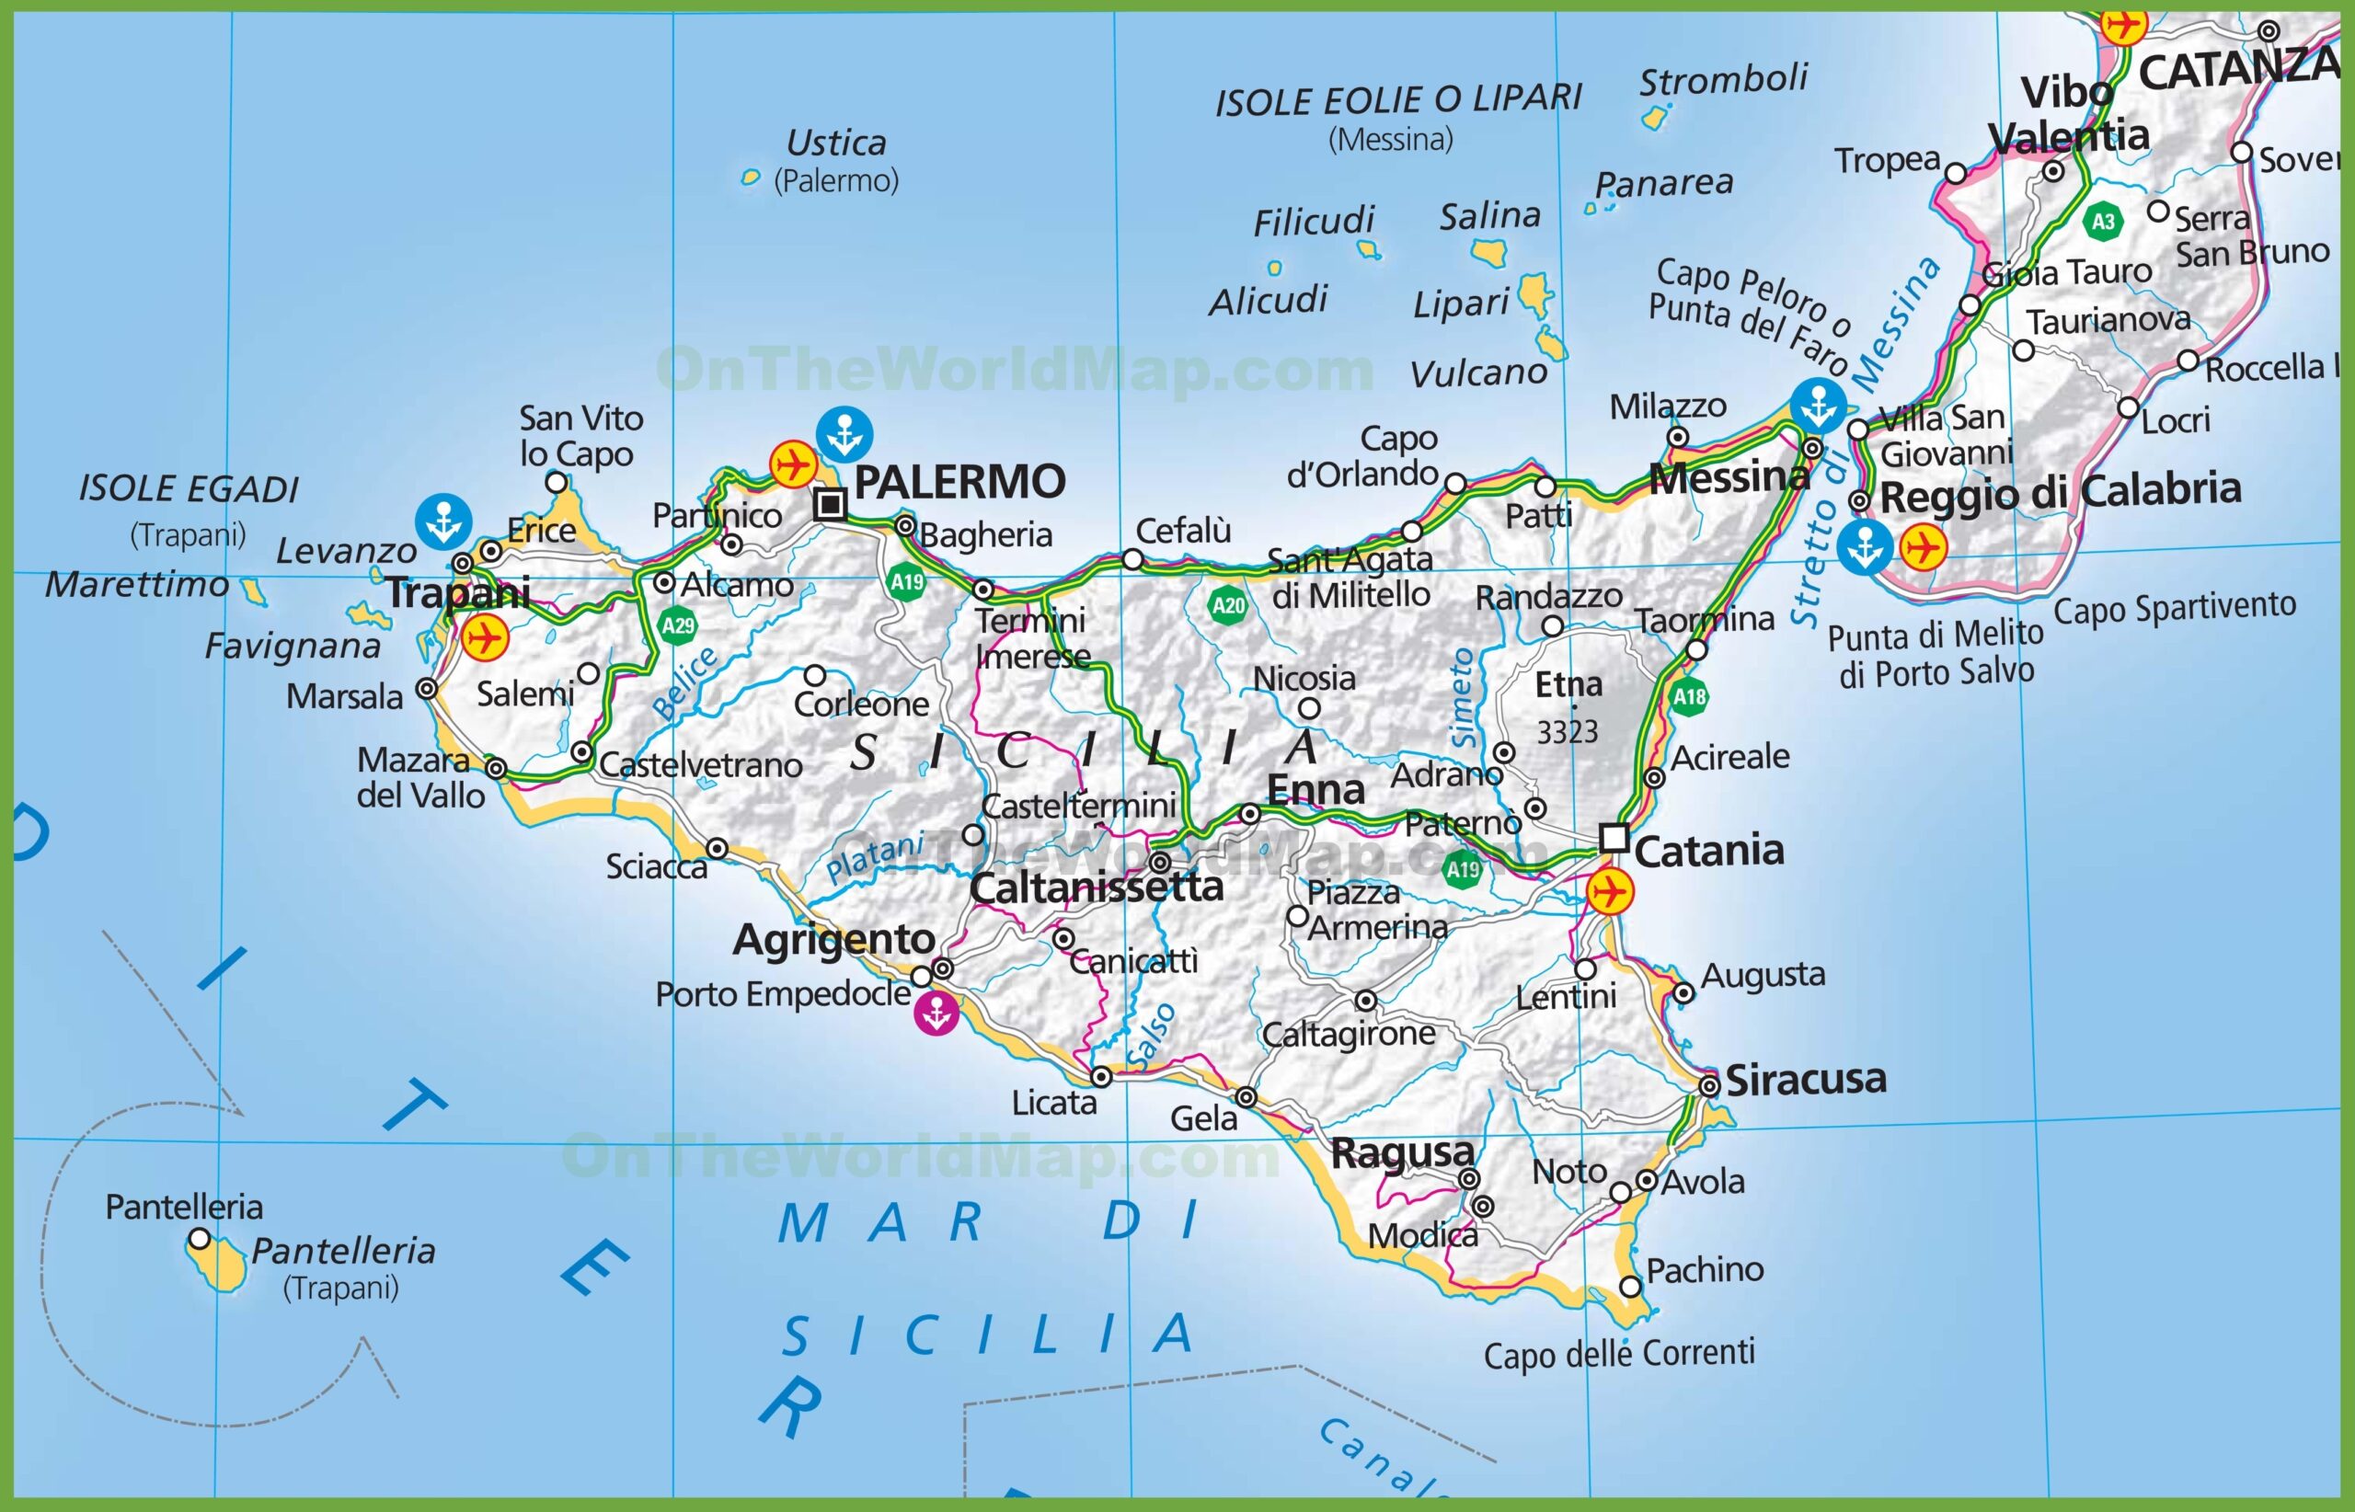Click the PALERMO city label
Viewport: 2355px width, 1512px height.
pos(959,482)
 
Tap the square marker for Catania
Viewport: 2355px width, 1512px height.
pos(1614,839)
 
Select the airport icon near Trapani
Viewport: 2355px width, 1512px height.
pos(485,638)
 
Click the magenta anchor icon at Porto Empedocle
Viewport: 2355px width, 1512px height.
pos(936,1014)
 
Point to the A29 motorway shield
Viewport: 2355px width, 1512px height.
pos(678,625)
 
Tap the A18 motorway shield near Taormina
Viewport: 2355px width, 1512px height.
pos(1689,697)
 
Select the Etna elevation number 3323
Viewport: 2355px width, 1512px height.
pos(1568,731)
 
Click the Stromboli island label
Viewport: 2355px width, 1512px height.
pos(1722,78)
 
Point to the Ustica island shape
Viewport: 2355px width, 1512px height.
pos(751,178)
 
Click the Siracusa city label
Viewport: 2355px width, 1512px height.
pos(1806,1079)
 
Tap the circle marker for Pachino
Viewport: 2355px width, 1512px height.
pos(1630,1286)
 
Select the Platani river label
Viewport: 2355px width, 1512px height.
pos(874,857)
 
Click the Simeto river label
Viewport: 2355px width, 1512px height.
pos(1463,697)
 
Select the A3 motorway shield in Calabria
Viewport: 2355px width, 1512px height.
pos(2103,221)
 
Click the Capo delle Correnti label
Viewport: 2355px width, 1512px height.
pos(1618,1354)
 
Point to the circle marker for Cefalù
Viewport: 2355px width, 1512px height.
pos(1132,559)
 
